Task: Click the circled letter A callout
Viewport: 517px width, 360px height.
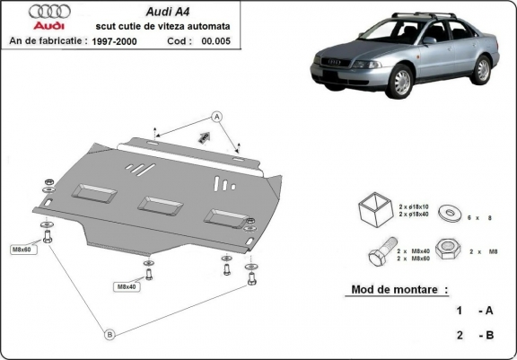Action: [x=216, y=116]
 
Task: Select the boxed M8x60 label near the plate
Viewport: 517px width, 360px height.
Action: [x=22, y=249]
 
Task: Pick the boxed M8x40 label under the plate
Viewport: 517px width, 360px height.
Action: [x=126, y=286]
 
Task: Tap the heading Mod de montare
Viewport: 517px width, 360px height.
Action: [x=396, y=290]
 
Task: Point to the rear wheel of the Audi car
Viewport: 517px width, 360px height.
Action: [x=484, y=70]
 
